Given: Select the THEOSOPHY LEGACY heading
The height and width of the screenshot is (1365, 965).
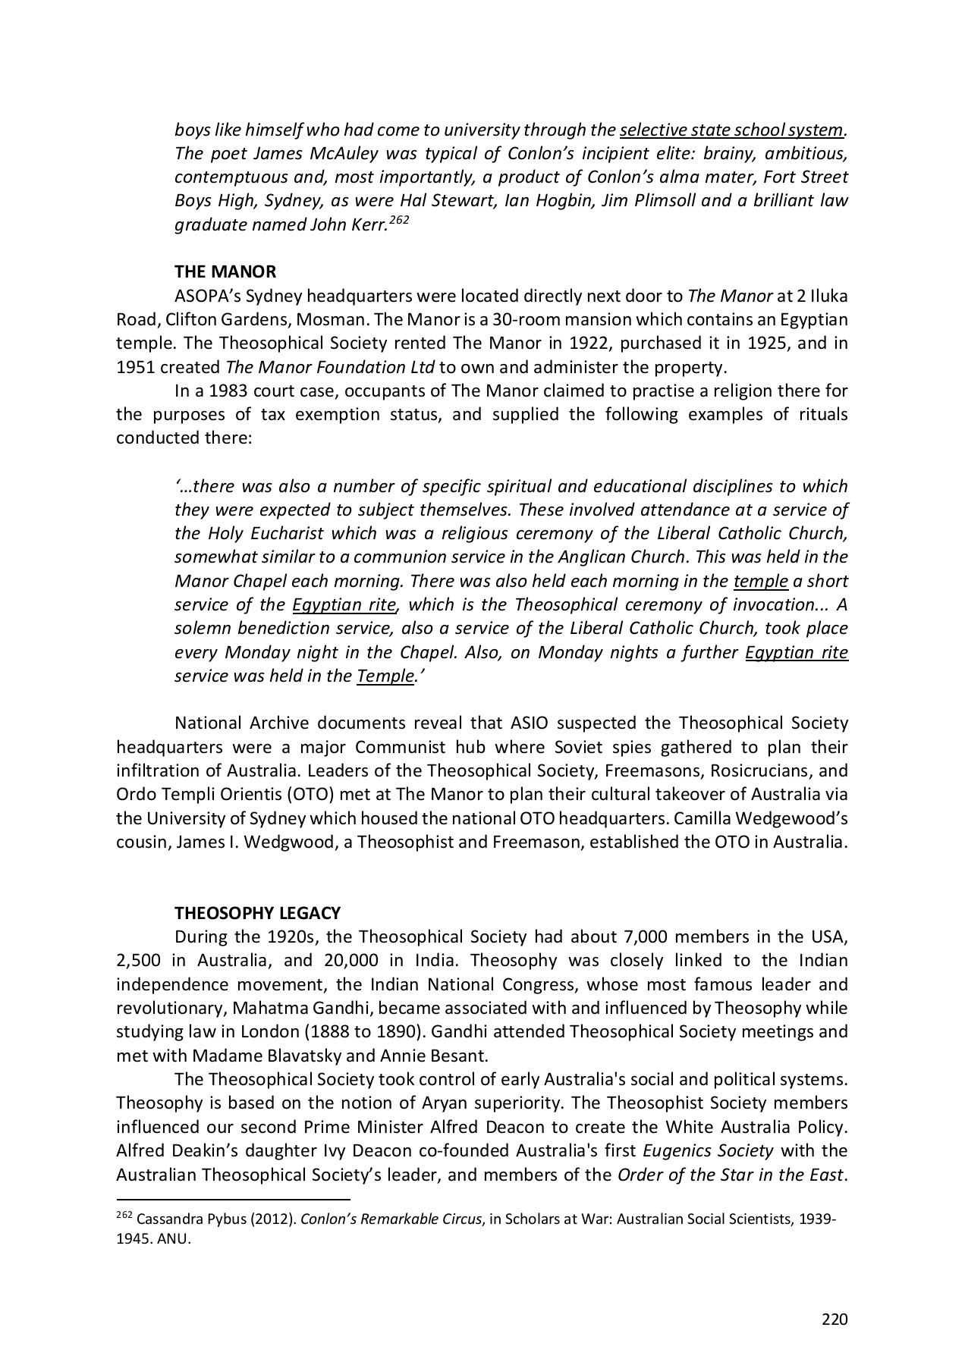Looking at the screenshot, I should click(257, 913).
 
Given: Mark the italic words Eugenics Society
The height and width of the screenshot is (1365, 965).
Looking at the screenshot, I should click(708, 1151).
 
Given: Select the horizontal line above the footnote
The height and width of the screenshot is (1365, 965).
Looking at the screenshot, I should click(232, 1200).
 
